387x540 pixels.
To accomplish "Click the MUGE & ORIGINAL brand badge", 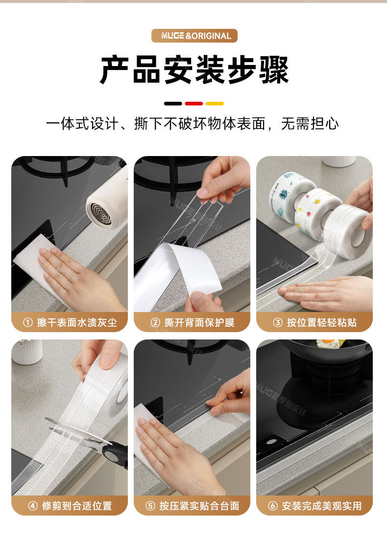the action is [194, 36].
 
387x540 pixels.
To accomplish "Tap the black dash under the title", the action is [173, 103].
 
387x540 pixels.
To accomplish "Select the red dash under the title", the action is [194, 103].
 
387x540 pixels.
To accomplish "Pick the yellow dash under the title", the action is [215, 103].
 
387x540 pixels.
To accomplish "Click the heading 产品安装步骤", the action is [194, 70].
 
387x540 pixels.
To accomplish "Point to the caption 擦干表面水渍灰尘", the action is [77, 323].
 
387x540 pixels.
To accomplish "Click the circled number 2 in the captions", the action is [155, 323].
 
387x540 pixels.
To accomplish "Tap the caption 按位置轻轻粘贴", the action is [322, 323].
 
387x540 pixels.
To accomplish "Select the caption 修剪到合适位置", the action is [77, 506].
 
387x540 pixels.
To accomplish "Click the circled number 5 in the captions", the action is [150, 506].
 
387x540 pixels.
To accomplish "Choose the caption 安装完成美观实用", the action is [322, 506].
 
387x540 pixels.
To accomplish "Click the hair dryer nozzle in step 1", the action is [101, 214].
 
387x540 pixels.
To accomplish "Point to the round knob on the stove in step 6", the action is [271, 442].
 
